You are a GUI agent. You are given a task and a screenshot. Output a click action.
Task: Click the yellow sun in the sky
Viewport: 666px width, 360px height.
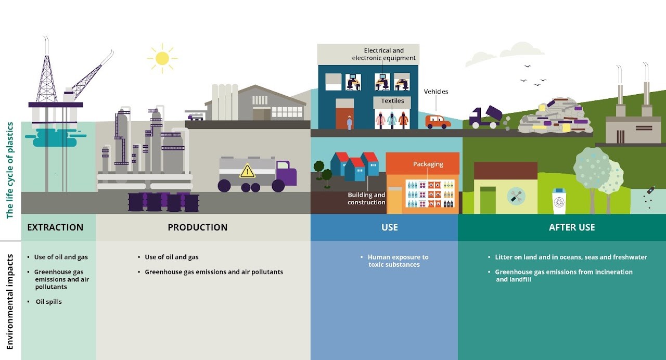pos(162,58)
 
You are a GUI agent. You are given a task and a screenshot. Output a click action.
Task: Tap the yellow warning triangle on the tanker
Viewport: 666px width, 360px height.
pos(247,171)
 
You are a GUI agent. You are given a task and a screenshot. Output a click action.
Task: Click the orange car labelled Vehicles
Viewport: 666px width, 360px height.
pos(438,122)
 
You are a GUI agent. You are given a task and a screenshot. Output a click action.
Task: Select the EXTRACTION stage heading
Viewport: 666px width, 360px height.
pos(55,227)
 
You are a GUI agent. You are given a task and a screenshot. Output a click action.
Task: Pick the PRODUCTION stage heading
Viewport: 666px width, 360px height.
pos(197,227)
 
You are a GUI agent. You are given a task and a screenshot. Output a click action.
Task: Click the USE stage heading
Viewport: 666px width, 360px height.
pos(390,227)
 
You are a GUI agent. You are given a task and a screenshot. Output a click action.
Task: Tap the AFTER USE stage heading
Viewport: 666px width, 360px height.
pos(572,227)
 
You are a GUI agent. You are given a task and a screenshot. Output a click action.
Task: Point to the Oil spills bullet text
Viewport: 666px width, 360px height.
pos(49,301)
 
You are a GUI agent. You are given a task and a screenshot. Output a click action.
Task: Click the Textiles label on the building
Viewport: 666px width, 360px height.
pos(392,101)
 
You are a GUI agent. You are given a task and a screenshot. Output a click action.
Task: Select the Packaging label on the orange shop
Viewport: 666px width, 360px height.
pos(428,164)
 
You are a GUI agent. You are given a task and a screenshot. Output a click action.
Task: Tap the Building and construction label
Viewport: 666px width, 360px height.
pos(366,198)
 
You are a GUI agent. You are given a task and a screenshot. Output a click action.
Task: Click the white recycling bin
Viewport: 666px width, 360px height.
pos(559,201)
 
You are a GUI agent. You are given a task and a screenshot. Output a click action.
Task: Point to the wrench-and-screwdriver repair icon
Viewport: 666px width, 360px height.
pos(516,196)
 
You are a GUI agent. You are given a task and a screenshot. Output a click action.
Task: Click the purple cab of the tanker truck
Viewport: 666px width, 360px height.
pos(286,173)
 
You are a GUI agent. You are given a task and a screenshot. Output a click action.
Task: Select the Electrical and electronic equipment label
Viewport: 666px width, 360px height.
pos(383,54)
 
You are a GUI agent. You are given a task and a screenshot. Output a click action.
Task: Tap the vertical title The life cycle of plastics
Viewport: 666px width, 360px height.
pos(10,170)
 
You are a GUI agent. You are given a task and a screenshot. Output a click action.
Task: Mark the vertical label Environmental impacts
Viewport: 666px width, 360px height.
pos(10,302)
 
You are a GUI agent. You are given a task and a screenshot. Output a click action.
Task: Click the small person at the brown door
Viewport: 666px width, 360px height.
pos(349,123)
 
